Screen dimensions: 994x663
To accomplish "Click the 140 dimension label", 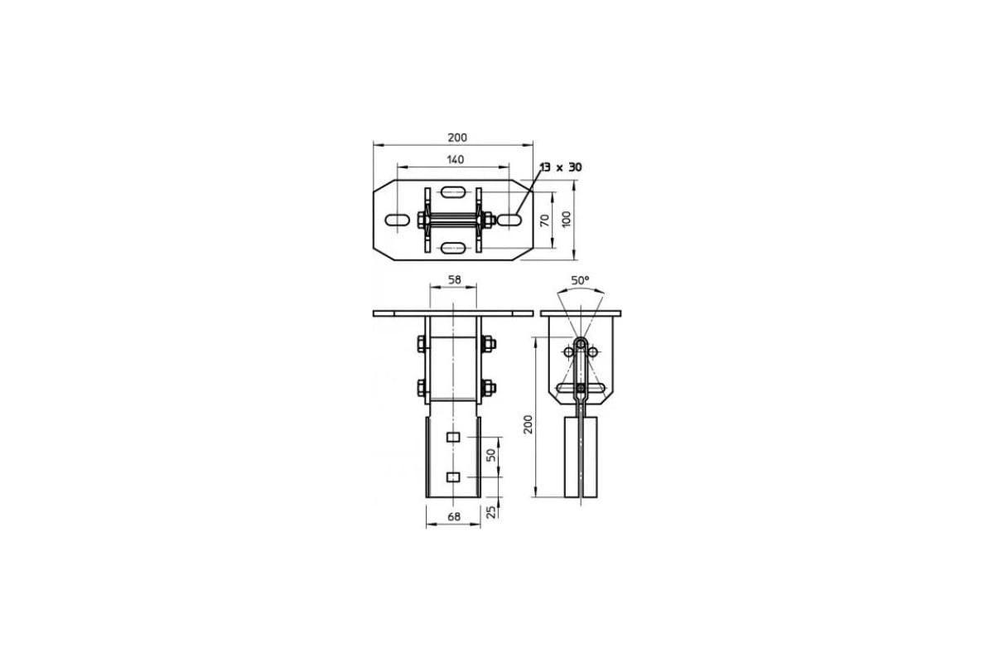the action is coord(456,159).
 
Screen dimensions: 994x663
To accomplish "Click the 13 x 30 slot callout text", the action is coord(561,167).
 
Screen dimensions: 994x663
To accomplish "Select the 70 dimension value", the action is coord(544,220).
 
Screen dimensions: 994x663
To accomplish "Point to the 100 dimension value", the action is coord(567,220).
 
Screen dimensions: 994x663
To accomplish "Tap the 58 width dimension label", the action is coord(455,280).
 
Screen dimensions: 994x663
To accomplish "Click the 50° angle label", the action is coord(580,281).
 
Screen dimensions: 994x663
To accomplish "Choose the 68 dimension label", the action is coord(454,517).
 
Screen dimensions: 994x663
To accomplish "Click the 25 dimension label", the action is coord(491,512).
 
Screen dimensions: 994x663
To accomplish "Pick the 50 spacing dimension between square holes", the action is coord(491,455).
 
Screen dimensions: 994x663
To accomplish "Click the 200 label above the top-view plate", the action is coord(457,138).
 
